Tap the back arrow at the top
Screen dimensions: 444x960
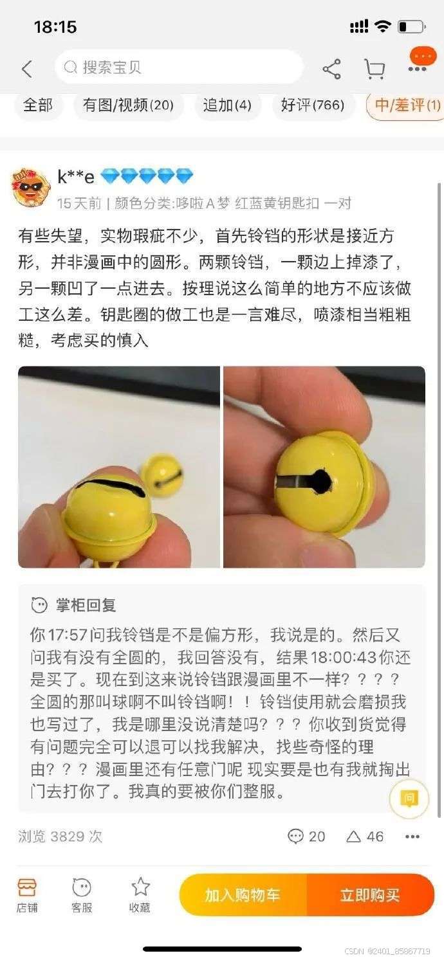coord(27,69)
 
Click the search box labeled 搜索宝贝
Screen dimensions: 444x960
coord(179,67)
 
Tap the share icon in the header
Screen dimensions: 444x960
coord(331,69)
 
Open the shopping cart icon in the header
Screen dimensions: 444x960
coord(375,69)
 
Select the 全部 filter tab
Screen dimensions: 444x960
coord(38,105)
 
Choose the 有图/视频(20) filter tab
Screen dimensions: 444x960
coord(128,105)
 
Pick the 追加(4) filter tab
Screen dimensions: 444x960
coord(227,105)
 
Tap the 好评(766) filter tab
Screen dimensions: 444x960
coord(313,105)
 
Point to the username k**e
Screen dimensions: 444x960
coord(76,177)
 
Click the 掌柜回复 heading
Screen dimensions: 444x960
coord(86,605)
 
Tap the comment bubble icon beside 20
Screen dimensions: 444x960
coord(295,836)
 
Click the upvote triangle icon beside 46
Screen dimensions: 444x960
coord(353,836)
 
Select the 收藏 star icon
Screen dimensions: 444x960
coord(140,886)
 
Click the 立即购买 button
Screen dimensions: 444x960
coord(370,895)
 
